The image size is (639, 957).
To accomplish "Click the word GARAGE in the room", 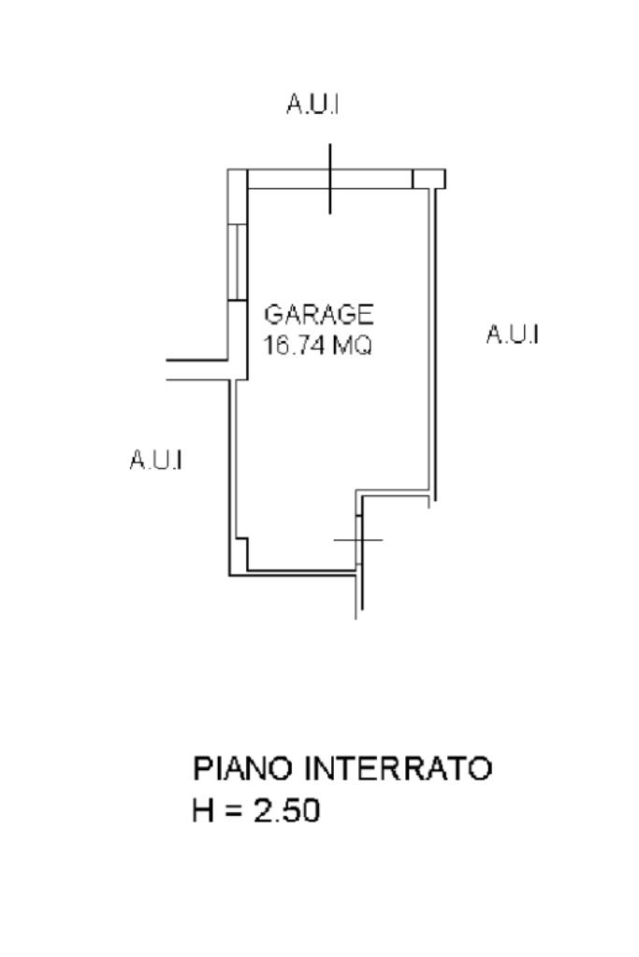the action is (319, 314).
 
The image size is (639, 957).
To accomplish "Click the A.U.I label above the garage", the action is (312, 106).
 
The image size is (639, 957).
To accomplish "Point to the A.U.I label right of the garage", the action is (512, 334).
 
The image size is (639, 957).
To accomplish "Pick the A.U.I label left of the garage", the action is (155, 460).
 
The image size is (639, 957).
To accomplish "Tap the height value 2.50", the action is (286, 810).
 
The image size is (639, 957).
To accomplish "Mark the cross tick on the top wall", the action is (329, 179).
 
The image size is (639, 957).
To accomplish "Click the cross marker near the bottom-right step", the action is (358, 540).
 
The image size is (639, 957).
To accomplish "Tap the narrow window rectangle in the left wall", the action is (239, 262).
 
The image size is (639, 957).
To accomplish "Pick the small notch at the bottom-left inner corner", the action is (241, 544).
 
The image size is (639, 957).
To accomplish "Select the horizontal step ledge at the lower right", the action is (395, 496).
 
